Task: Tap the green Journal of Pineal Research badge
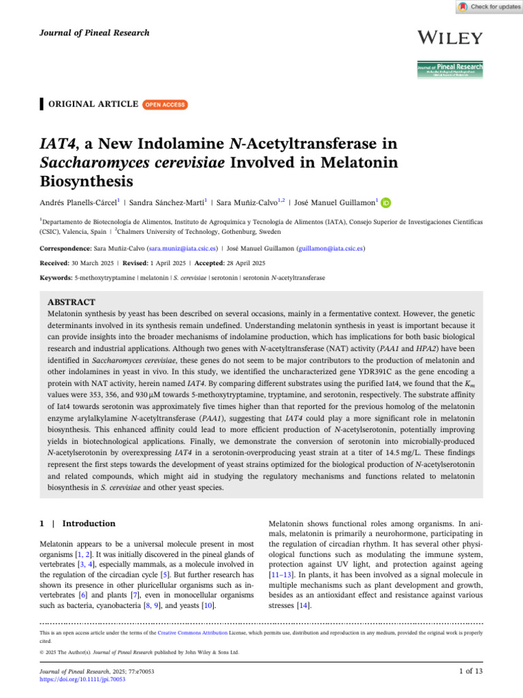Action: [x=450, y=69]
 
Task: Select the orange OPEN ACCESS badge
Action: [x=165, y=104]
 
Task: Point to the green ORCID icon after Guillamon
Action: [x=386, y=202]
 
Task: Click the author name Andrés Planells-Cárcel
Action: [x=79, y=202]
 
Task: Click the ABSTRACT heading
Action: [x=72, y=301]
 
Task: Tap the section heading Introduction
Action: [x=89, y=523]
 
